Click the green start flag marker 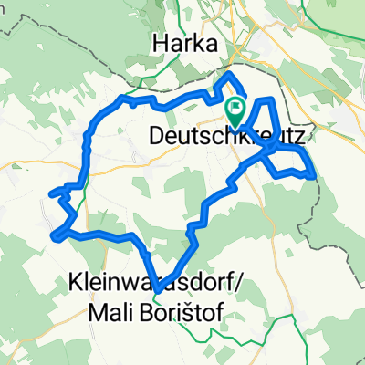click(x=235, y=113)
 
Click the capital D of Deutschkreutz click(x=153, y=135)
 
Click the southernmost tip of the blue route click(x=158, y=290)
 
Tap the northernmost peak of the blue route click(x=228, y=74)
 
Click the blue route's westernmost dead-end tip click(x=49, y=193)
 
